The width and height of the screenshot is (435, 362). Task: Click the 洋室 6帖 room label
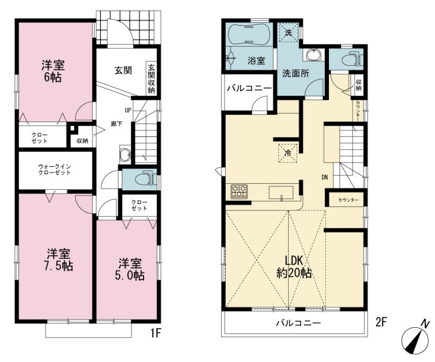pos(53,71)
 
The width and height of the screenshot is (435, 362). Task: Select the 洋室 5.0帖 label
pos(130,270)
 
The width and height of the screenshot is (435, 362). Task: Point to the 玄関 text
pos(123,71)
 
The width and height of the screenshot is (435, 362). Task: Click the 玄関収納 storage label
pos(152,79)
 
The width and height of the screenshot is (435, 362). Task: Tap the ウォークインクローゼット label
pos(54,170)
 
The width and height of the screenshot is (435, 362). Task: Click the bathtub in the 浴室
pos(248,34)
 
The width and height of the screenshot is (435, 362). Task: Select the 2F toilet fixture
pos(351,58)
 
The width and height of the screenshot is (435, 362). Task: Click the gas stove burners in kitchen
pos(239,191)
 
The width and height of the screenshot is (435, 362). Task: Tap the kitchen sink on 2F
pos(281,193)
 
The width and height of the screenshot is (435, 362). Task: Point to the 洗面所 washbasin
pos(315,54)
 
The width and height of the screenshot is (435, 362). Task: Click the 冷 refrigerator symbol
pos(288,153)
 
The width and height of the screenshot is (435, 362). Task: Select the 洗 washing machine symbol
pos(289,33)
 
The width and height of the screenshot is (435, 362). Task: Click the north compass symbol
pos(415,339)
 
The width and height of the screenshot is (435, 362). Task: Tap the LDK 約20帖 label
pos(294,267)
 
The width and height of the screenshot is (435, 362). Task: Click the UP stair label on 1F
pos(128,110)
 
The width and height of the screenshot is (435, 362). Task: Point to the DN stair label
pos(324,177)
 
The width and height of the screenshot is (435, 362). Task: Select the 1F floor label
pos(156,333)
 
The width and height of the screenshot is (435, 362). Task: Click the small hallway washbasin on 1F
pos(125,154)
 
